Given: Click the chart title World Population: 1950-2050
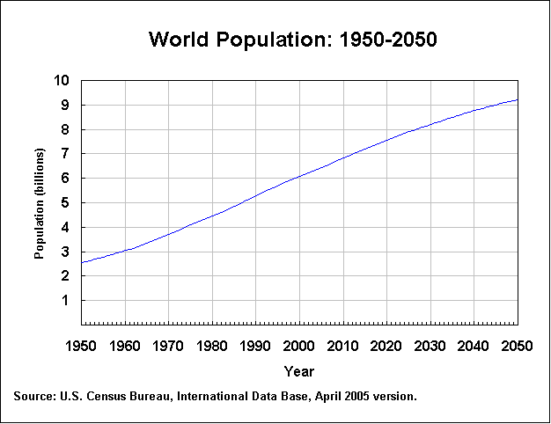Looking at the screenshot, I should click(293, 40).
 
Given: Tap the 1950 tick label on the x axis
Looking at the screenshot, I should click(81, 345).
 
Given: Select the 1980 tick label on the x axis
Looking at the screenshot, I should click(212, 345).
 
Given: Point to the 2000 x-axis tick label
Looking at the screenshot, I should click(299, 345).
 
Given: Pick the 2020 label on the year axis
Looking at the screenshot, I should click(386, 345).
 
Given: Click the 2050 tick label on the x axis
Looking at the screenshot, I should click(517, 345).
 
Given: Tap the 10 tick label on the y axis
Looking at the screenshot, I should click(61, 81).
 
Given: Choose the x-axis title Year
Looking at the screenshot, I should click(298, 372).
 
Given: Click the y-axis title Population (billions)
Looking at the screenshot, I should click(39, 203).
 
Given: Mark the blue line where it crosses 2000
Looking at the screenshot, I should click(299, 176).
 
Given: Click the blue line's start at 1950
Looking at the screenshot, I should click(82, 262).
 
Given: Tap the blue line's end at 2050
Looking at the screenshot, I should click(517, 99).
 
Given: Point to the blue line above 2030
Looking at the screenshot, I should click(430, 124).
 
